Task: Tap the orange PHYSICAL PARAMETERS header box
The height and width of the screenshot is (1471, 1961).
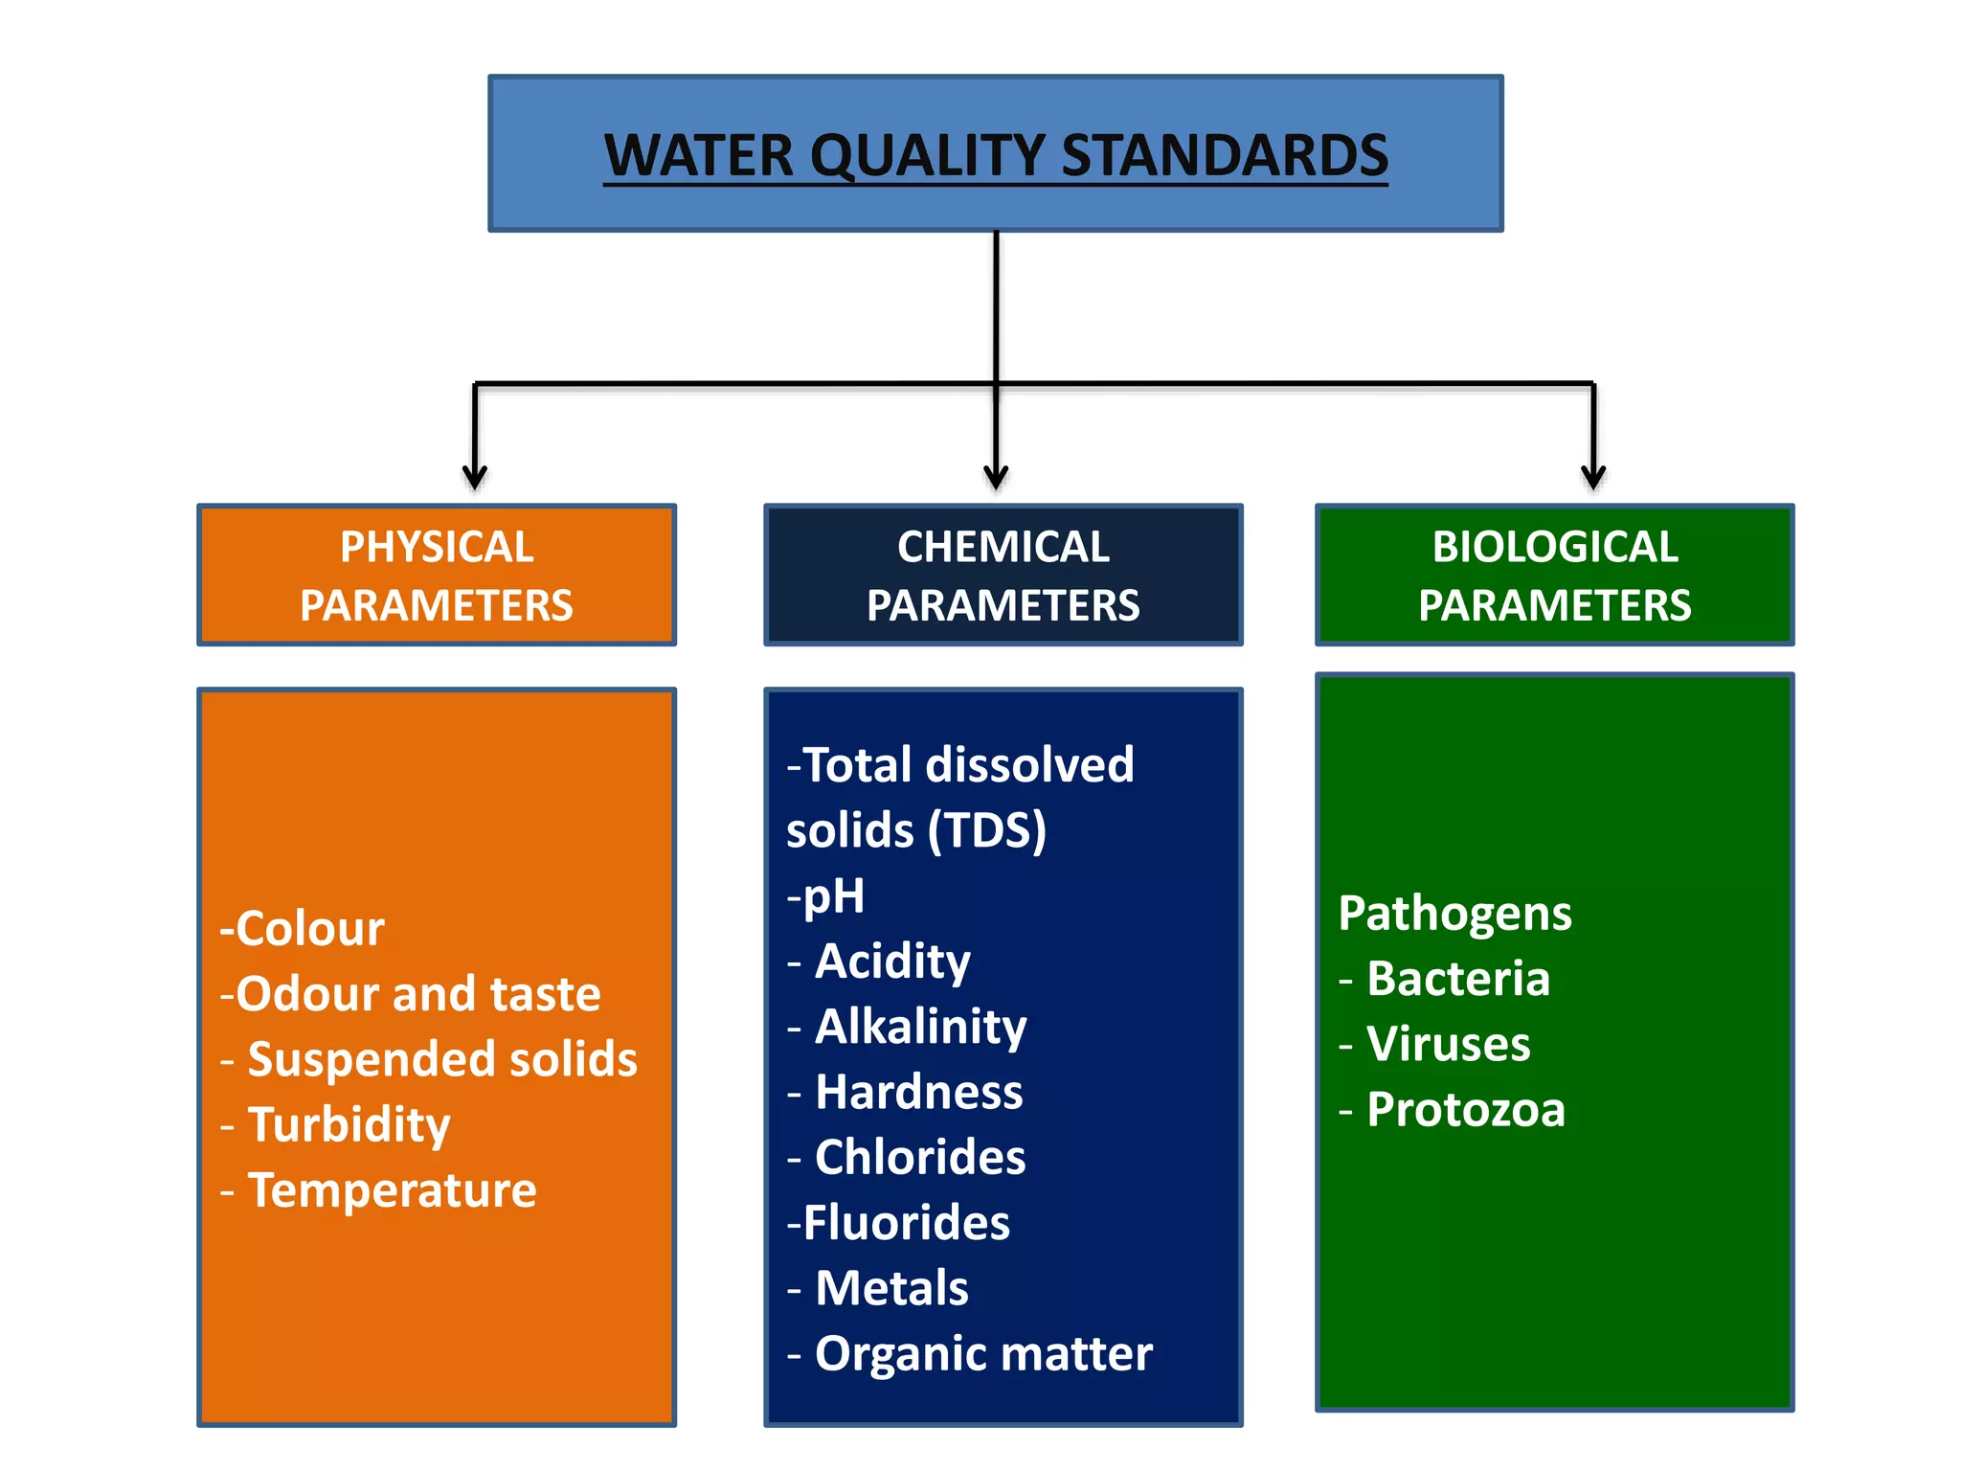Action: click(x=437, y=576)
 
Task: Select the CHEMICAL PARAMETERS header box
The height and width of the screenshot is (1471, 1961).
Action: click(x=1003, y=576)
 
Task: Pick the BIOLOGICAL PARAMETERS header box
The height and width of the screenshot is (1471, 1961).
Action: click(x=1554, y=576)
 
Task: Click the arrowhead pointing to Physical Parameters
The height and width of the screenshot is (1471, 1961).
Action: click(x=475, y=476)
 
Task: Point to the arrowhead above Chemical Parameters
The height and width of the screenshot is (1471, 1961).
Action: click(x=996, y=476)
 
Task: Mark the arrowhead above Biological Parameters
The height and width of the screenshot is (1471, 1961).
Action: click(x=1593, y=476)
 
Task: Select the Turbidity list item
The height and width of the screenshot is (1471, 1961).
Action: click(x=349, y=1125)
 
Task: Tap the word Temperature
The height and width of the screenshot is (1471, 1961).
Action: click(x=392, y=1190)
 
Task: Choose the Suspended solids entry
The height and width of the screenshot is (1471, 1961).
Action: click(x=441, y=1059)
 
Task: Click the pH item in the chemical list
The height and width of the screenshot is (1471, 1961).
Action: click(x=832, y=897)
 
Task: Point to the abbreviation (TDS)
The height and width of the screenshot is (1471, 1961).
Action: click(x=987, y=830)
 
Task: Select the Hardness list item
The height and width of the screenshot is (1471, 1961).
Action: click(x=918, y=1092)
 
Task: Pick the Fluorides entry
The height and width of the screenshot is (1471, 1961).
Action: click(x=906, y=1223)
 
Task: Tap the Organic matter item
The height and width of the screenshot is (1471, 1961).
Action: click(x=982, y=1354)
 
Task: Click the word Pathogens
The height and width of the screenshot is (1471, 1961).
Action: click(x=1454, y=914)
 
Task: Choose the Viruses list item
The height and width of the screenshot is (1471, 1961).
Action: click(x=1448, y=1044)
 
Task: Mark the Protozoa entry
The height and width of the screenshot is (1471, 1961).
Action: click(x=1465, y=1110)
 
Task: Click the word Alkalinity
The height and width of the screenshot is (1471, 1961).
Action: click(x=920, y=1027)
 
